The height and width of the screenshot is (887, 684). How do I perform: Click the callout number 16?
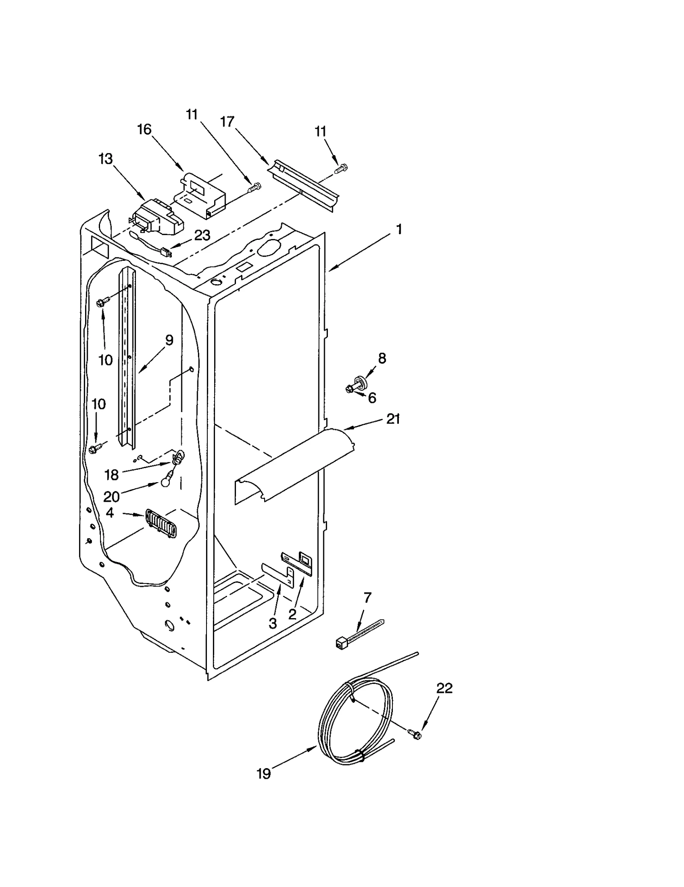pyautogui.click(x=144, y=129)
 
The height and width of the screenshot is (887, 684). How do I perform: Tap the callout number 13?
pyautogui.click(x=106, y=159)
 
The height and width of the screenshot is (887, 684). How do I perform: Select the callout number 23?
pyautogui.click(x=202, y=235)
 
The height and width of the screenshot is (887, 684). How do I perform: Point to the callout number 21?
pyautogui.click(x=393, y=419)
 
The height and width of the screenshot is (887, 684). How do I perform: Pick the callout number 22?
pyautogui.click(x=444, y=688)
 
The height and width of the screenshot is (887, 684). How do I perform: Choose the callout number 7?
pyautogui.click(x=367, y=597)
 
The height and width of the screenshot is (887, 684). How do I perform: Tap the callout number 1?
pyautogui.click(x=399, y=230)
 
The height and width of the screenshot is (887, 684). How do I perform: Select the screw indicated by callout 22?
pyautogui.click(x=416, y=734)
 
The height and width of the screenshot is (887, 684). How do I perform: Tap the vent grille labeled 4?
pyautogui.click(x=161, y=523)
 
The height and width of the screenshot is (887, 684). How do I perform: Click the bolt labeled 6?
pyautogui.click(x=349, y=389)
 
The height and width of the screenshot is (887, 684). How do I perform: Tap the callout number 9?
pyautogui.click(x=169, y=341)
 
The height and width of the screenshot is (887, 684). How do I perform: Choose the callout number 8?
pyautogui.click(x=382, y=358)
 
